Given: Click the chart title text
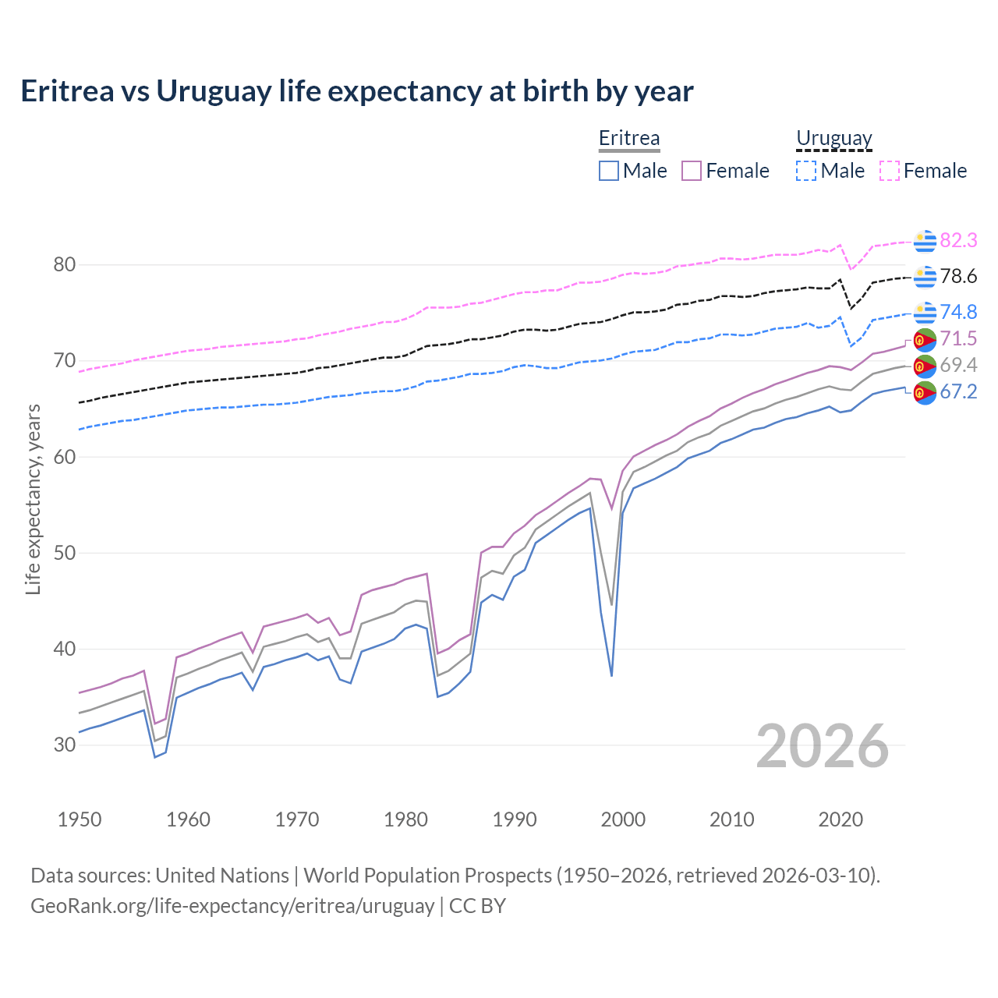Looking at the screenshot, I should (356, 91).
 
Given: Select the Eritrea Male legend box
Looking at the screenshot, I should (609, 171).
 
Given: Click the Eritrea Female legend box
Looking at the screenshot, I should (692, 171).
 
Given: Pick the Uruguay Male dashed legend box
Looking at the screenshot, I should (806, 171).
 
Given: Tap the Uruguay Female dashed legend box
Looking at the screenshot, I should (890, 171).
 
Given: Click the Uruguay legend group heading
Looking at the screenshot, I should (833, 139).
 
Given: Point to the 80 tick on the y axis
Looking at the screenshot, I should (65, 265).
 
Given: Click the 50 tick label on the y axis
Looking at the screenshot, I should (65, 554).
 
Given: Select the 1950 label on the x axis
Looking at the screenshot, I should (80, 819).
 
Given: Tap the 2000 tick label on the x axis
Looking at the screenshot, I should (623, 819).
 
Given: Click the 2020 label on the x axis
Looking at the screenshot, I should (841, 819).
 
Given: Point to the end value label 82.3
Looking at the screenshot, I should (958, 241).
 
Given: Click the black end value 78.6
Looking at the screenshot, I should (958, 277).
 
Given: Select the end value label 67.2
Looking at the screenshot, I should (958, 392).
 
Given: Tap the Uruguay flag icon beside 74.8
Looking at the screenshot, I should (925, 312).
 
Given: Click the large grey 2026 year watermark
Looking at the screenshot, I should (823, 747).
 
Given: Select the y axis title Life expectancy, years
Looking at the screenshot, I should (34, 499).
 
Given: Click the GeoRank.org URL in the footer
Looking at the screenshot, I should (232, 906).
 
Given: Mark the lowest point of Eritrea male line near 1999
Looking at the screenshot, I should (611, 675).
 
